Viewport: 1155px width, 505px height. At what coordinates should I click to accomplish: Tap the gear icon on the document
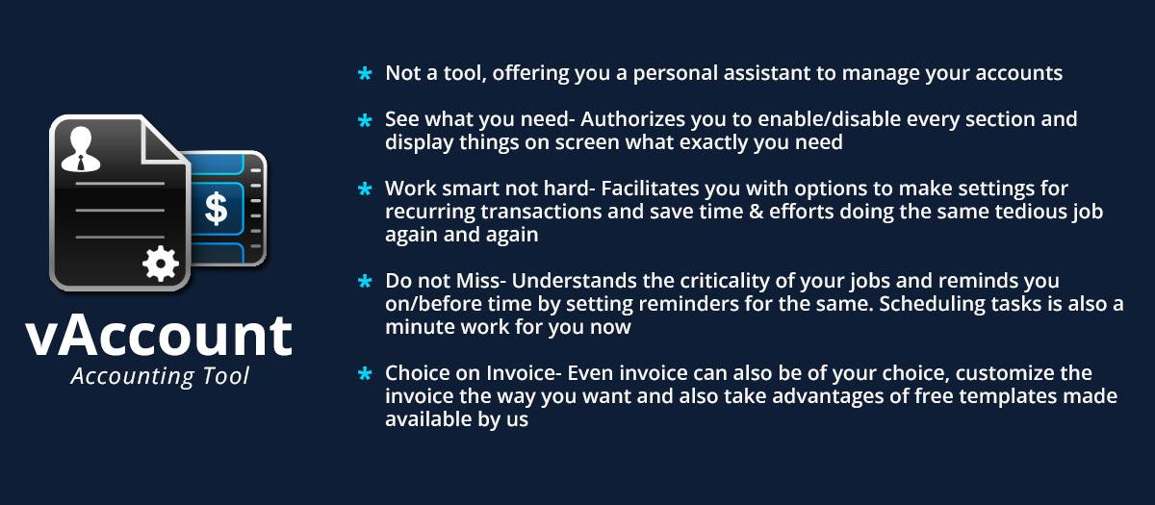coord(160,262)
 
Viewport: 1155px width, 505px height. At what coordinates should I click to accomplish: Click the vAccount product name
coord(159,335)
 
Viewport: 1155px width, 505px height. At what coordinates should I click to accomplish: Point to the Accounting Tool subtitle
coord(160,376)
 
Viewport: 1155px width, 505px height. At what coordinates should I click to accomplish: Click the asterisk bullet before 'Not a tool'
coord(365,74)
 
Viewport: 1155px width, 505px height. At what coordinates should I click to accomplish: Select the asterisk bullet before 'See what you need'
coord(365,121)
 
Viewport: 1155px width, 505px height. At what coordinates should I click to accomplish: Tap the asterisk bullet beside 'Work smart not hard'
coord(365,189)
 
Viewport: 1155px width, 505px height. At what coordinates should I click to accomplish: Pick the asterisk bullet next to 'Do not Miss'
coord(365,282)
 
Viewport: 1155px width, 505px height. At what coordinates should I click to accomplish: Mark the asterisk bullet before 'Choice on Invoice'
coord(365,374)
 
